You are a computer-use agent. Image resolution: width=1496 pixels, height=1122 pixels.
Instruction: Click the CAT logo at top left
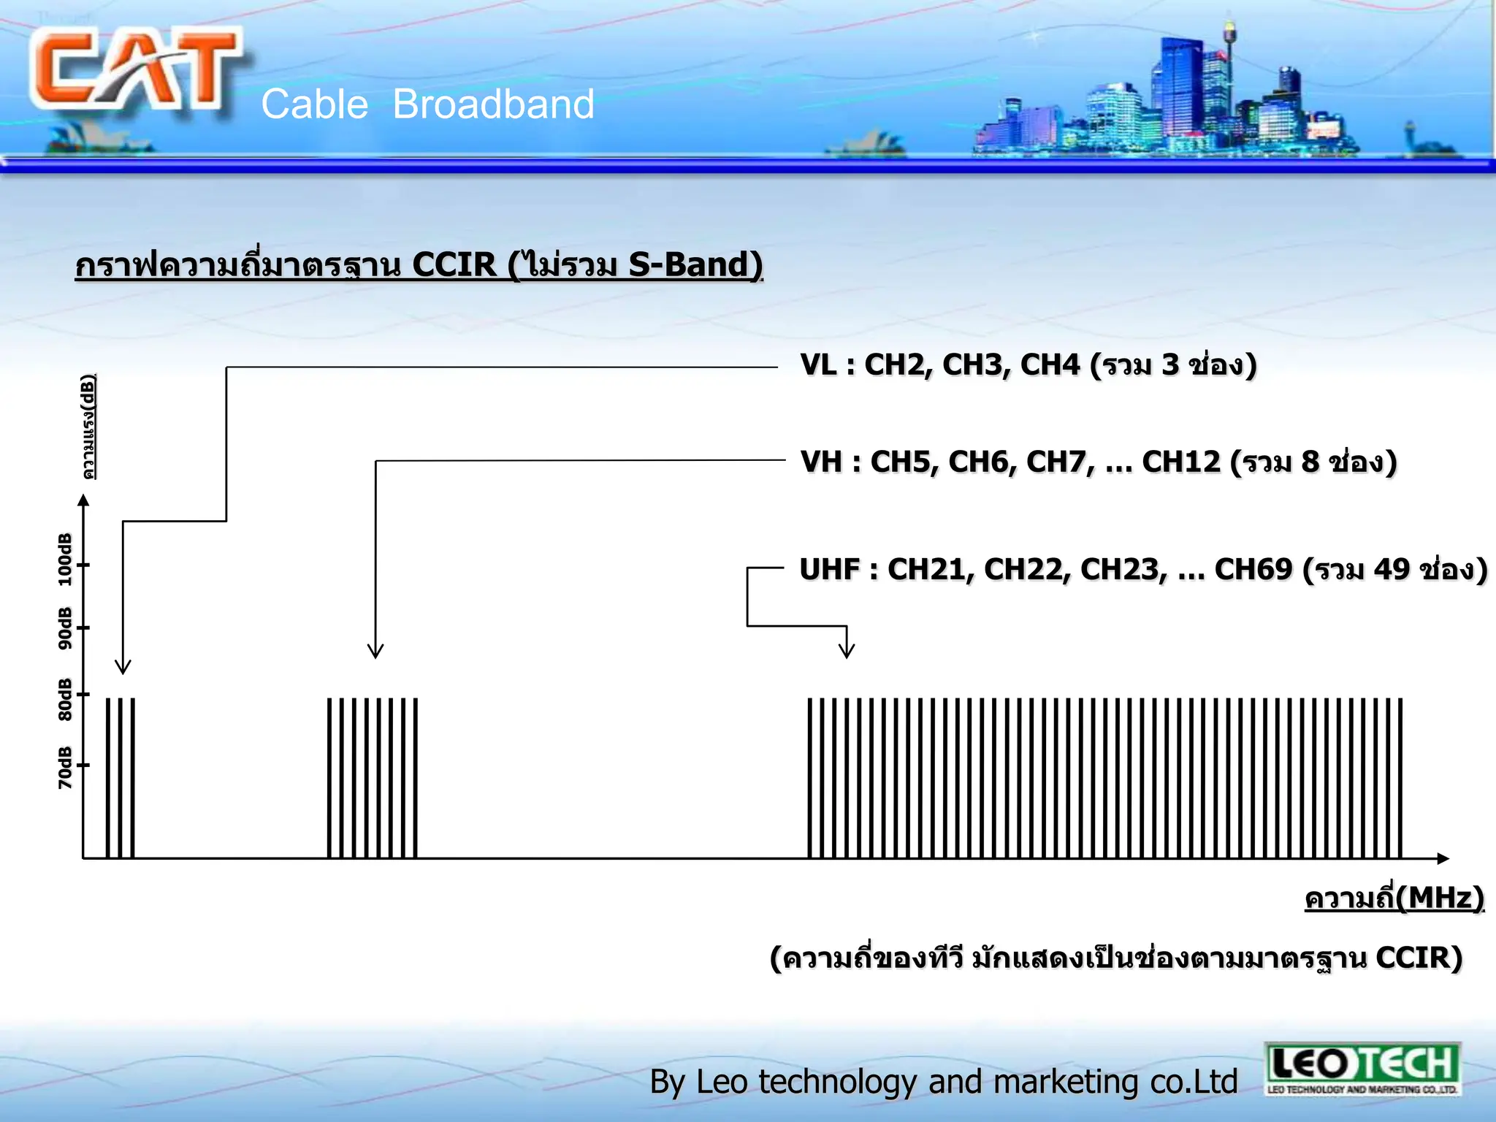(135, 69)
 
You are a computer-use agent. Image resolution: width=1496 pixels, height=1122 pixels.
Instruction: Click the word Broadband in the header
(493, 104)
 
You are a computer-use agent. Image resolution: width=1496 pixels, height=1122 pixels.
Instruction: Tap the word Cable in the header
(314, 104)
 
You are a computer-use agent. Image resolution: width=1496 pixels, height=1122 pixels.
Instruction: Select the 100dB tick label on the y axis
(65, 560)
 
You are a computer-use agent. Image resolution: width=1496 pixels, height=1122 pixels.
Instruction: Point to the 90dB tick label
(65, 628)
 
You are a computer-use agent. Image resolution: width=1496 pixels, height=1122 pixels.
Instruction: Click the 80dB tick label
(65, 699)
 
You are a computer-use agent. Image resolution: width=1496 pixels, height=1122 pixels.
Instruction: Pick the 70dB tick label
(65, 767)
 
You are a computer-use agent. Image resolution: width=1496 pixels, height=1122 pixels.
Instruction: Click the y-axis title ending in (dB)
(88, 427)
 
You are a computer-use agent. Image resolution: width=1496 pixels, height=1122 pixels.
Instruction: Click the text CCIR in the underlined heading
(454, 264)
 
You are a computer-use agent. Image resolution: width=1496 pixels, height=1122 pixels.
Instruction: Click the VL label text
(817, 365)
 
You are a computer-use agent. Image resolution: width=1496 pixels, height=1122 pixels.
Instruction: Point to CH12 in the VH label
(1180, 462)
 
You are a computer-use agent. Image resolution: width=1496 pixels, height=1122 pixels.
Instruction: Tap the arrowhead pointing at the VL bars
(123, 666)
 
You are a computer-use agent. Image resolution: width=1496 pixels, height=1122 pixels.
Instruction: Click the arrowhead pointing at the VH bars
(375, 651)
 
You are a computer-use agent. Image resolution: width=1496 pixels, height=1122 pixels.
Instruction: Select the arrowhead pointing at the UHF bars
(847, 651)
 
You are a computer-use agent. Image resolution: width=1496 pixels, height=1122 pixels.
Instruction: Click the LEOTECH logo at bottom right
(1362, 1069)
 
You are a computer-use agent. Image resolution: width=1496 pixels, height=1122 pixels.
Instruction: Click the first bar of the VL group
(108, 778)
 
